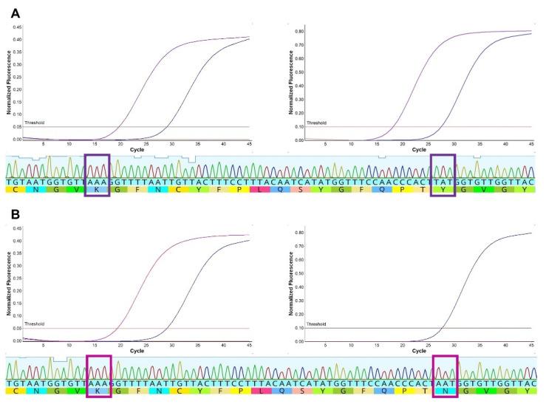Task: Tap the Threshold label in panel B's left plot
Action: tap(34, 323)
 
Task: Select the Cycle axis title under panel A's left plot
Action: tap(137, 149)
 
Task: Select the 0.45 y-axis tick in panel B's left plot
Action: tap(16, 228)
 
